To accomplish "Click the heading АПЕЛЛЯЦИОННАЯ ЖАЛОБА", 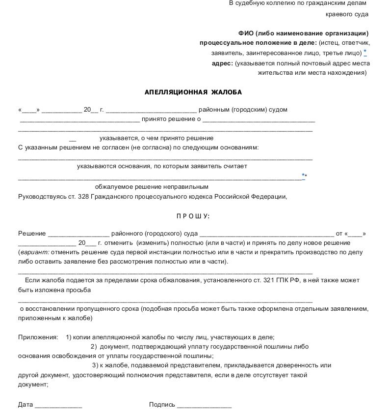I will point(193,92).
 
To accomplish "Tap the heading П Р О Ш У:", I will point(193,216).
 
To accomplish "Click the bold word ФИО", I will point(246,33).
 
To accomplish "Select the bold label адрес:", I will point(222,63).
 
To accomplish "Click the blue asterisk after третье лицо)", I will point(365,52).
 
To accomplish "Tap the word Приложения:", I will point(38,337).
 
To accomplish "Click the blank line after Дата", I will point(58,405).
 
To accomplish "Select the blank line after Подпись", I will point(204,405).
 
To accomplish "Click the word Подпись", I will point(162,405).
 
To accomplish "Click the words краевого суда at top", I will point(347,14).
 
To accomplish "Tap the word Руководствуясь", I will point(41,197).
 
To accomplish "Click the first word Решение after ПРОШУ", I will point(32,234).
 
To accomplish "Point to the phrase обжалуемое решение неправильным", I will point(152,187).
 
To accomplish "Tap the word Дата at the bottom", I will point(26,405).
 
